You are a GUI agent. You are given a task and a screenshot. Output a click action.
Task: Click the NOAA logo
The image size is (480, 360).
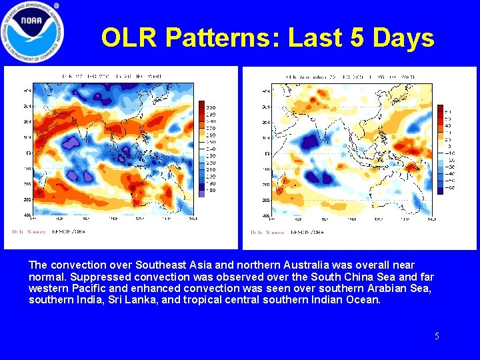[33, 33]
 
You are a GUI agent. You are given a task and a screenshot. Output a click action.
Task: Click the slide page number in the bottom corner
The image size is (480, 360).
[437, 337]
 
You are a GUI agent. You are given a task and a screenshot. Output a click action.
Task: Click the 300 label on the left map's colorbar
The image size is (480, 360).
[210, 107]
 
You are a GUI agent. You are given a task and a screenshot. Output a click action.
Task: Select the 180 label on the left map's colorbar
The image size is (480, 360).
[210, 190]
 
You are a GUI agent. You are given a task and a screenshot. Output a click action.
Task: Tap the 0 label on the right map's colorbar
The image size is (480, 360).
[448, 146]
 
